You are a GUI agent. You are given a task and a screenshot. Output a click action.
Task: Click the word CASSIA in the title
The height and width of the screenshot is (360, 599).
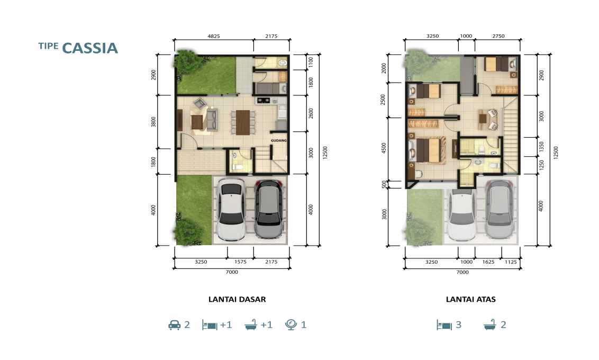(x=90, y=48)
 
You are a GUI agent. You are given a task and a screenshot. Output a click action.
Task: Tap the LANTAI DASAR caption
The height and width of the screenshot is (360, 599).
(x=237, y=299)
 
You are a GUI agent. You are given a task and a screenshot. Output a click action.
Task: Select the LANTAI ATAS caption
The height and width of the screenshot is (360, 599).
(x=470, y=299)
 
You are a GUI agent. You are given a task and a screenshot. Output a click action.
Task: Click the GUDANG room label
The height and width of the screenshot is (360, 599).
(x=278, y=140)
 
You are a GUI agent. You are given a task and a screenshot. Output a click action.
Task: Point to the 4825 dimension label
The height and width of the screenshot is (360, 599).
(x=214, y=37)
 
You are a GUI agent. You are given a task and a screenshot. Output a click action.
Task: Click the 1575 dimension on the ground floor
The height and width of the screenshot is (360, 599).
(x=240, y=262)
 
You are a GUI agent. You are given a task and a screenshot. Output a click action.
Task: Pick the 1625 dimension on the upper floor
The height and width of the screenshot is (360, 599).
(x=488, y=262)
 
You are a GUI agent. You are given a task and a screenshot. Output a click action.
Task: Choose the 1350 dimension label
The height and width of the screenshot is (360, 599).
(x=541, y=147)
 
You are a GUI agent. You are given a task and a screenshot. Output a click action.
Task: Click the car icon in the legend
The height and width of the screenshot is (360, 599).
(x=174, y=325)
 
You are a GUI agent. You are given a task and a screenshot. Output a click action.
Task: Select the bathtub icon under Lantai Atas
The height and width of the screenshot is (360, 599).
(x=490, y=325)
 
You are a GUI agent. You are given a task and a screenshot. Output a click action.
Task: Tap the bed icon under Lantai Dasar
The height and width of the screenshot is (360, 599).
(x=210, y=325)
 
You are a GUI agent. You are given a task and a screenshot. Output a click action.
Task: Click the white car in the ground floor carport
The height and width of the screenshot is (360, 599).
(x=231, y=210)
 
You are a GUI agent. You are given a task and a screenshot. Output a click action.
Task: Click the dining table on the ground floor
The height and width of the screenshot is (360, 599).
(x=242, y=122)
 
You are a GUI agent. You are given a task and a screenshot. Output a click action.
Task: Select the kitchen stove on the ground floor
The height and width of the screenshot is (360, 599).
(x=263, y=101)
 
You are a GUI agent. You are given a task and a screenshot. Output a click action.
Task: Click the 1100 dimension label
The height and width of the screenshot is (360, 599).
(x=311, y=62)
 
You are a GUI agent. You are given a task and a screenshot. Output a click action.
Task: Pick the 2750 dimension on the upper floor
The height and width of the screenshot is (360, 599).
(x=498, y=36)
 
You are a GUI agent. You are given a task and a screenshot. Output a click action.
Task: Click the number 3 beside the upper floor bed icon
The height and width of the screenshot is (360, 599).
(x=458, y=325)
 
